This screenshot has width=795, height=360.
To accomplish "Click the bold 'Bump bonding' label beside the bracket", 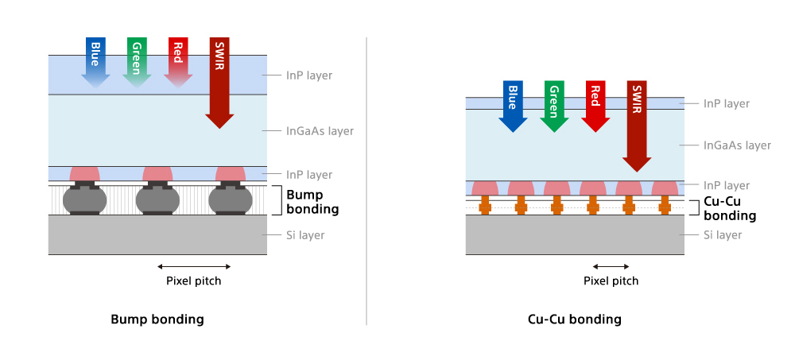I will (312, 202).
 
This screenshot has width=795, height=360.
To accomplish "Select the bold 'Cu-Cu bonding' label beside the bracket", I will (730, 209).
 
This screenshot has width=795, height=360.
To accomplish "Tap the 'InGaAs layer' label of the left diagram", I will (320, 130).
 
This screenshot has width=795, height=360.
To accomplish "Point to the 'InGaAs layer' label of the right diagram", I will (737, 145).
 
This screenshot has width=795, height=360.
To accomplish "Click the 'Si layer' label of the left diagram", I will (305, 235).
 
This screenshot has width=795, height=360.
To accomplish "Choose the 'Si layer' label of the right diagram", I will (723, 235).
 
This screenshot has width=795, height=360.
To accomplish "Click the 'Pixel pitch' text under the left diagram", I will (194, 281).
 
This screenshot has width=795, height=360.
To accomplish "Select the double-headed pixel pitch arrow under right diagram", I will (611, 266).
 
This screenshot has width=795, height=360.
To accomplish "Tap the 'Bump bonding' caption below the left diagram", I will (157, 319).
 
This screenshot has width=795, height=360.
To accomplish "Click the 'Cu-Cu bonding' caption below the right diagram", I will (575, 319).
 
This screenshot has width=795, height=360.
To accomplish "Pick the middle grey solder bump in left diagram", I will (157, 199).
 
